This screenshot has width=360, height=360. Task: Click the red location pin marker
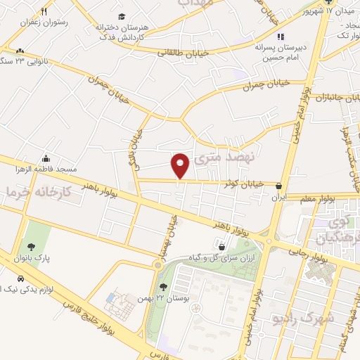tap(181, 165)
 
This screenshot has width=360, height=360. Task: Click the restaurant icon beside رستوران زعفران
tap(44, 11)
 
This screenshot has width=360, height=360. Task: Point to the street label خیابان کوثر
tap(243, 184)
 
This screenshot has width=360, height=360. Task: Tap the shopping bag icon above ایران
tap(281, 187)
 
